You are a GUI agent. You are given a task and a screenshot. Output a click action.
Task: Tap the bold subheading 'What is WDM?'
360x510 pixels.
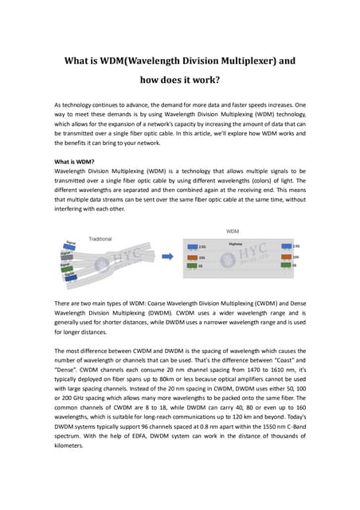point(74,161)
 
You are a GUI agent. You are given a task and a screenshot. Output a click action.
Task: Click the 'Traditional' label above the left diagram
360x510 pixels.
point(100,237)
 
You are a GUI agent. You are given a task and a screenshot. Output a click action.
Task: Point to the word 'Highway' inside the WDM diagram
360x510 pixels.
point(235,245)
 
